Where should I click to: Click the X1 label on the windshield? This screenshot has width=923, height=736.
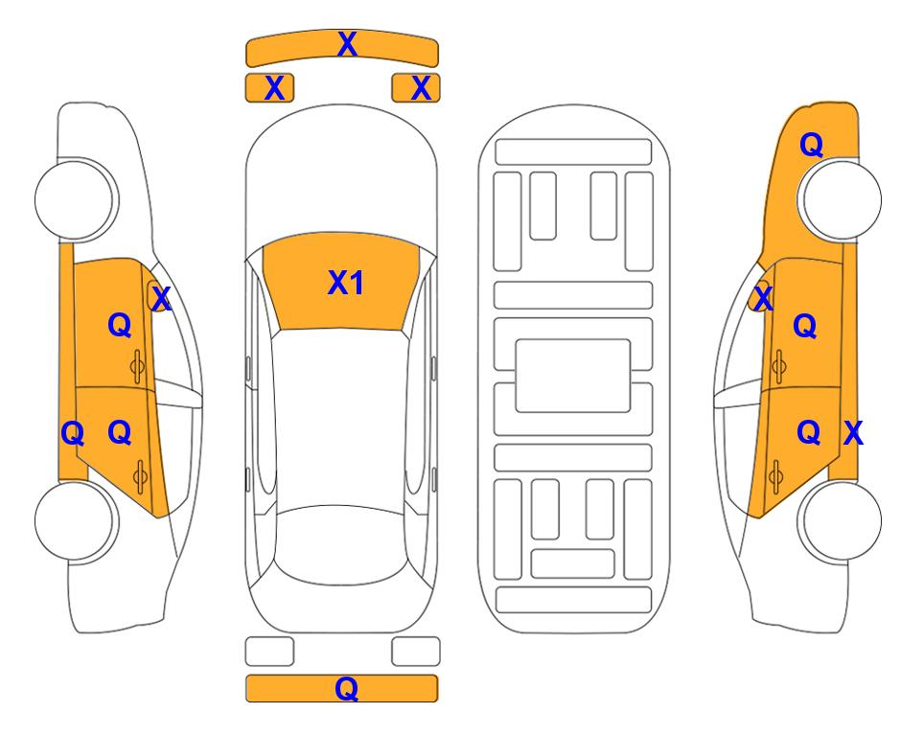point(346,283)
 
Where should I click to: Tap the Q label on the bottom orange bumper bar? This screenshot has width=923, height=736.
point(347,688)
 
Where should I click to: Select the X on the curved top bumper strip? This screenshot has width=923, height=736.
point(347,44)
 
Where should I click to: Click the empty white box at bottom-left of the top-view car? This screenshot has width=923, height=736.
point(269,652)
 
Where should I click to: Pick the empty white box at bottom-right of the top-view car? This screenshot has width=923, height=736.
point(416,652)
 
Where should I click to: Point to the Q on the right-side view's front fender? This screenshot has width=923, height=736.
point(811,145)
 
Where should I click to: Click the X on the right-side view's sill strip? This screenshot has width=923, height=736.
point(853,433)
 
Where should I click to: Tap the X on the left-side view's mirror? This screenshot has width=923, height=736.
point(161,299)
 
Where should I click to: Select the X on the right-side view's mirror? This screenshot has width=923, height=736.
point(763,299)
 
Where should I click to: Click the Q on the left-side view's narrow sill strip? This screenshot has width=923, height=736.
point(73,434)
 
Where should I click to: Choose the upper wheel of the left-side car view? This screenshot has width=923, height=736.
point(75,199)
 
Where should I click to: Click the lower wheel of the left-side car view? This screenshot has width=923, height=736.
point(75,520)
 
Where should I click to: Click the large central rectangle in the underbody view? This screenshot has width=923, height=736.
point(573,376)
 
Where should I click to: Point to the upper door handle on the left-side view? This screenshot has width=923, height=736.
point(138,366)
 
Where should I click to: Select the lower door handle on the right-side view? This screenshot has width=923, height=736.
point(776,476)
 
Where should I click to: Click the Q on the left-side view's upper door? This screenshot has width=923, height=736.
point(120,325)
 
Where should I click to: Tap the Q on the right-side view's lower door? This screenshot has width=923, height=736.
point(809,433)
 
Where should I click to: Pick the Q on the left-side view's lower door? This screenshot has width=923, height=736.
point(120,433)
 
